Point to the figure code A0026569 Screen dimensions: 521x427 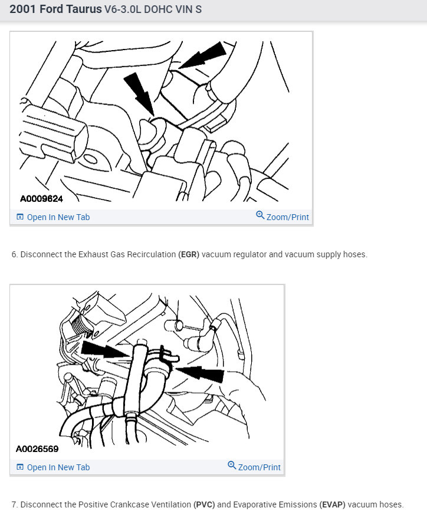coord(37,449)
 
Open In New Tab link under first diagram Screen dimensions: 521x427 coord(58,217)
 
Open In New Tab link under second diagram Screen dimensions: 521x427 coord(58,467)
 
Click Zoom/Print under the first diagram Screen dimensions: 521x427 coord(287,217)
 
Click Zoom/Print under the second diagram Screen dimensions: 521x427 coord(259,467)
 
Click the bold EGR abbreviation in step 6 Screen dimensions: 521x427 coord(189,255)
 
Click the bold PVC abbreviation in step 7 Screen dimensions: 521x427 coord(204,505)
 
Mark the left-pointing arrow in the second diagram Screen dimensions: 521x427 coord(201,373)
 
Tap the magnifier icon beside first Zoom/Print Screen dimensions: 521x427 coord(260,216)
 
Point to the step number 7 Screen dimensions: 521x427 coord(14,505)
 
